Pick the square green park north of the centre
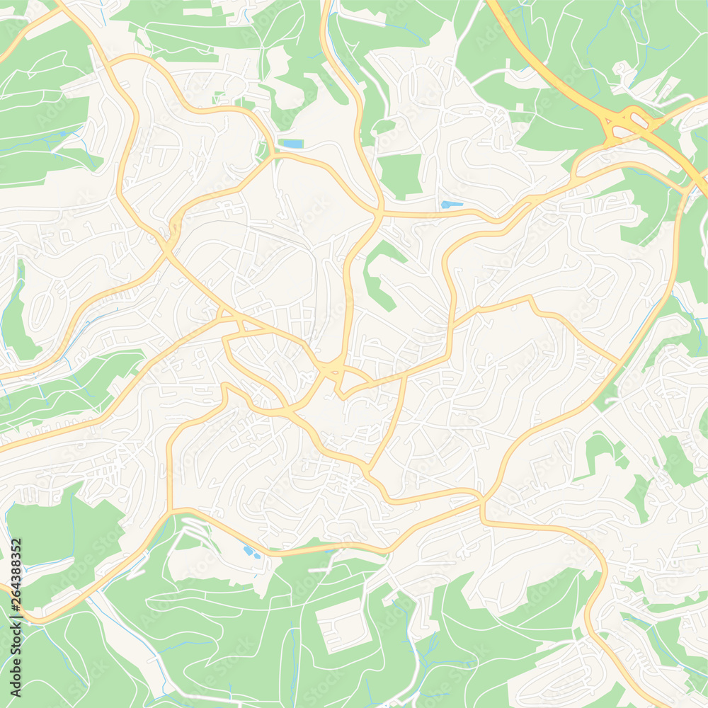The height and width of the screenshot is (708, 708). [x=400, y=175]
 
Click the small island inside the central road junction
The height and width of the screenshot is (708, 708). [x=331, y=369]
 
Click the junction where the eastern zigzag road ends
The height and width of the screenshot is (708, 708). [x=619, y=363]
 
